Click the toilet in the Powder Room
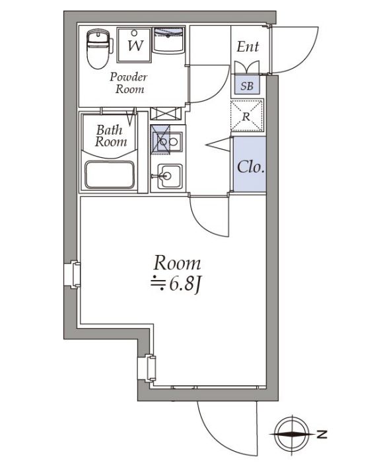[98, 49]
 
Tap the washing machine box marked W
[134, 44]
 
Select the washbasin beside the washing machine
[170, 41]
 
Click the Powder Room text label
[129, 83]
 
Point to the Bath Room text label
[110, 136]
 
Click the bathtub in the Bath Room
[111, 176]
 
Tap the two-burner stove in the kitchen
[168, 140]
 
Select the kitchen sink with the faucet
[168, 177]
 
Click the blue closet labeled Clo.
[250, 166]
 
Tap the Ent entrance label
[248, 48]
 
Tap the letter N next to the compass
[322, 434]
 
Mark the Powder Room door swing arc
[209, 85]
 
